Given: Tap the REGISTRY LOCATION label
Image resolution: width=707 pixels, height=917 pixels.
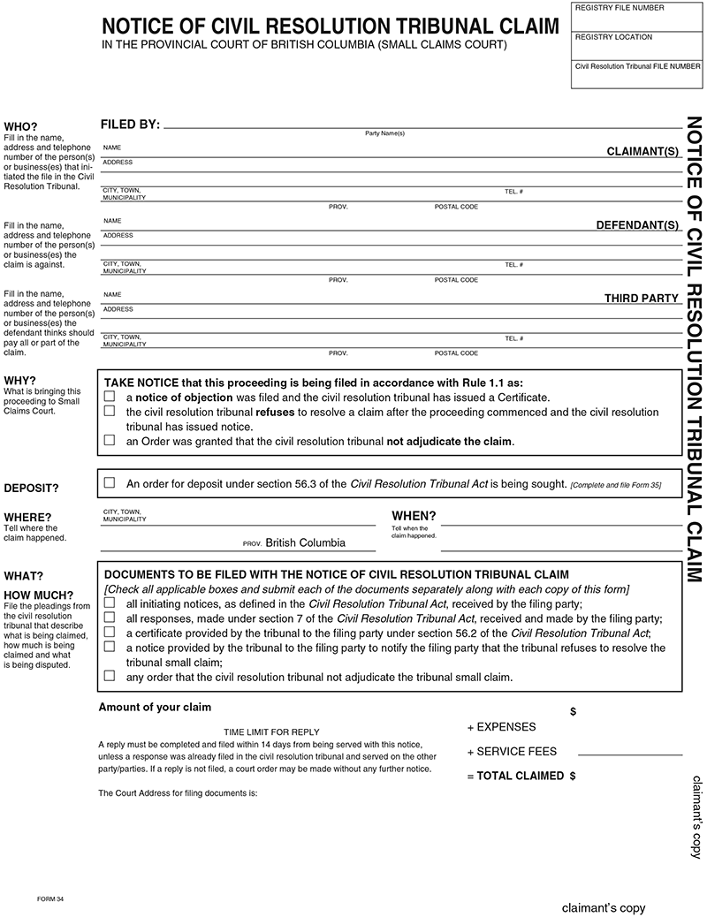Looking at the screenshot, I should [x=613, y=37].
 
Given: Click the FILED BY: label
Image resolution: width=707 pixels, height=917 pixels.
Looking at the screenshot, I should [x=130, y=125].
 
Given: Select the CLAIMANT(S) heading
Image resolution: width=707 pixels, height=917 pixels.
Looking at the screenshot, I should [x=642, y=152].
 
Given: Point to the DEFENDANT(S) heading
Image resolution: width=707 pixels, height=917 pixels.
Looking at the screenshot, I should [x=637, y=225].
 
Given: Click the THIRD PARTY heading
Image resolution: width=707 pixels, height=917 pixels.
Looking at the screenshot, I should [x=641, y=299].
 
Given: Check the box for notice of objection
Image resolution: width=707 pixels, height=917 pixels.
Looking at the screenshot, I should [x=110, y=398].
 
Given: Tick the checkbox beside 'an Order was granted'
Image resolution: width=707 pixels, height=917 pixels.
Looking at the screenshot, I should [x=110, y=440].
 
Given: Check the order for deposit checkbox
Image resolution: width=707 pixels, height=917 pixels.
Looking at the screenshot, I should [x=110, y=483].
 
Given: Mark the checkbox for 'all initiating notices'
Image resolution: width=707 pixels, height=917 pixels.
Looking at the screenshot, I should [x=110, y=603].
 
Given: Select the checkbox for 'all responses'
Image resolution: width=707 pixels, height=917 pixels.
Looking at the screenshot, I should [x=110, y=618].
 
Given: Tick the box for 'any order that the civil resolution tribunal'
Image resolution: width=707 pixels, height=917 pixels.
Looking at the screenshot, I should [x=110, y=677].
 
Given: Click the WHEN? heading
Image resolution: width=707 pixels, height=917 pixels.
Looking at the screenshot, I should [x=414, y=516].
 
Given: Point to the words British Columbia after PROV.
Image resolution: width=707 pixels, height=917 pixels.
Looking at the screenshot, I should [x=305, y=543].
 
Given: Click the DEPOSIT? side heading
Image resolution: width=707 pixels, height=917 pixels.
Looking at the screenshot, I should [x=31, y=488].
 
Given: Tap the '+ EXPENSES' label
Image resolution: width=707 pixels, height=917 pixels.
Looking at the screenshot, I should [x=501, y=727].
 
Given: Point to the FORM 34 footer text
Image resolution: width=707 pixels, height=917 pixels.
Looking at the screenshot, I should [x=50, y=898].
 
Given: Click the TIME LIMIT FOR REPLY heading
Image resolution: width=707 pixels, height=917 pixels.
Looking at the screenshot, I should [x=271, y=731].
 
